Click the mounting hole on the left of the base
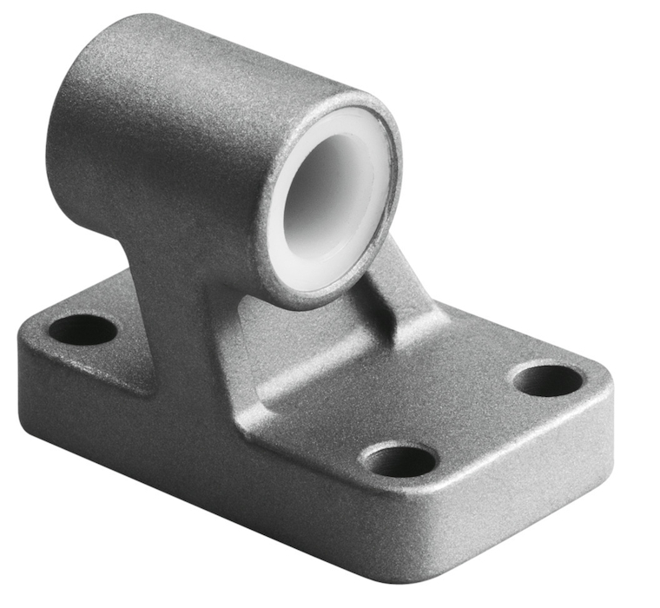(82, 330)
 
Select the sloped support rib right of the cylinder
(399, 287)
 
